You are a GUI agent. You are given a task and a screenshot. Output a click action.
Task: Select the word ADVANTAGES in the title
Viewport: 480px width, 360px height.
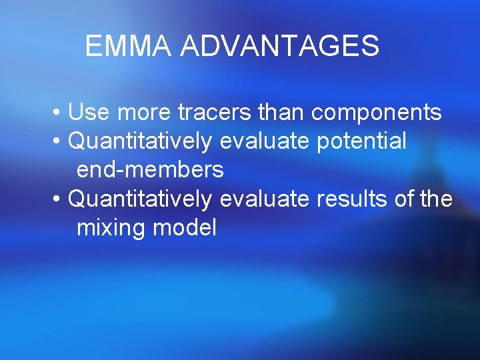280,47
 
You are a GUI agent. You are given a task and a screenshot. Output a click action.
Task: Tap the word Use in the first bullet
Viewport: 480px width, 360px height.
90,113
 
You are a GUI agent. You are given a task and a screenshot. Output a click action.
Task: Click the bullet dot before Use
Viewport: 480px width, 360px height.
59,113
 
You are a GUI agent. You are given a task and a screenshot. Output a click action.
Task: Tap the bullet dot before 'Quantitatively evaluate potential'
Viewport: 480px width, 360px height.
59,142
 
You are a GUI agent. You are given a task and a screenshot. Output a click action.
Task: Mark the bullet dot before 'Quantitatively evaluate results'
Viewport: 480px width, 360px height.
59,199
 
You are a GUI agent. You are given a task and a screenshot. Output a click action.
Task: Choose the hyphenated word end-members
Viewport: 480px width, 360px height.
150,170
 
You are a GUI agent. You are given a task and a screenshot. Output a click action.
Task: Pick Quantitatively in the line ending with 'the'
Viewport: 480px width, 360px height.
141,199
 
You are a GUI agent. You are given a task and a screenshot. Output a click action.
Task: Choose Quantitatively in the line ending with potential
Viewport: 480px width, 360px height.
141,141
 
